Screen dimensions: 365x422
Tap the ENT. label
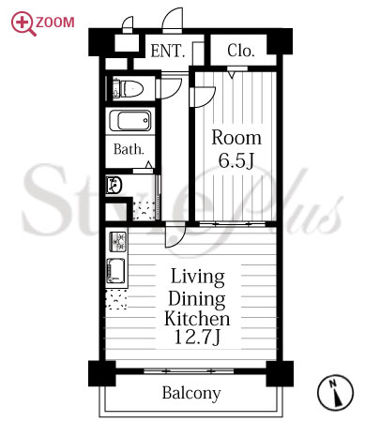click(167, 51)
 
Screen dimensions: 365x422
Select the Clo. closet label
click(240, 51)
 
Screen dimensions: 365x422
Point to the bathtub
click(130, 121)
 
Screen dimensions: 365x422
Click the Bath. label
click(129, 149)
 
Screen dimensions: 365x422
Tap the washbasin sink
click(114, 186)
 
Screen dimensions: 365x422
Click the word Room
click(236, 138)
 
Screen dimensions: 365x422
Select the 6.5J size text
click(236, 160)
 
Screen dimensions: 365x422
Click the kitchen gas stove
click(118, 242)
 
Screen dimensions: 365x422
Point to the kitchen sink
click(115, 271)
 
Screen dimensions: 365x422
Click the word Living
click(198, 278)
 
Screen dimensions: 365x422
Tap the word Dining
click(197, 299)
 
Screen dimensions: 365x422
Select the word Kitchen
click(197, 318)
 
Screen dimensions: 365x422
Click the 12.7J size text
click(197, 337)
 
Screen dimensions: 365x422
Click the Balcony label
click(191, 393)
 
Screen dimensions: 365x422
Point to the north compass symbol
click(335, 392)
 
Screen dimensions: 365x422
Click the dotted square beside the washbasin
click(144, 210)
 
